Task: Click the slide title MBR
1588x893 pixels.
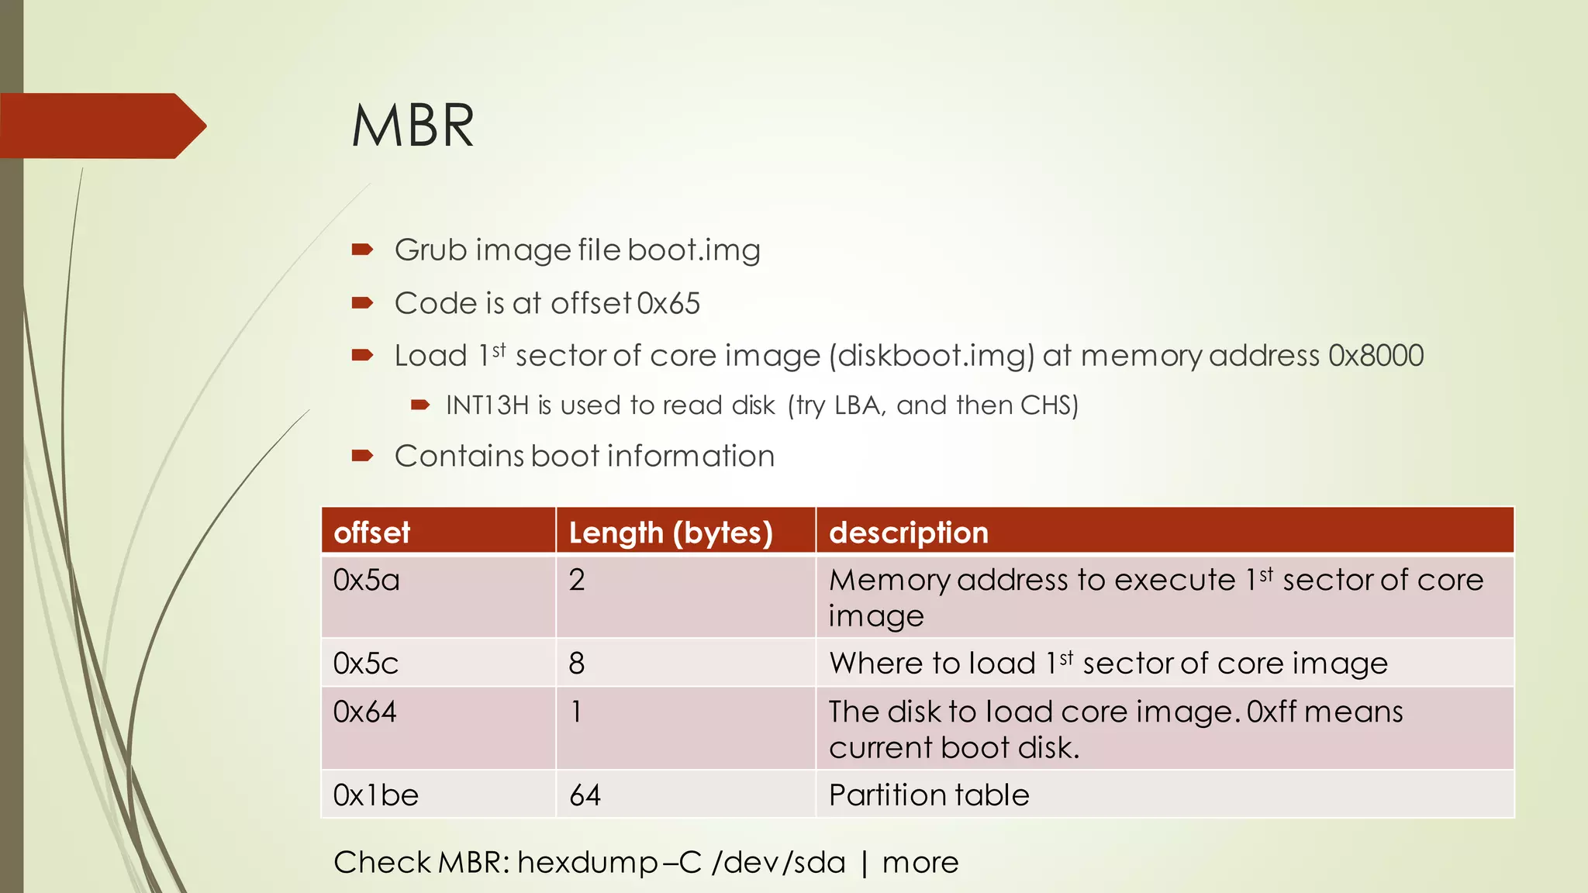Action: pyautogui.click(x=413, y=126)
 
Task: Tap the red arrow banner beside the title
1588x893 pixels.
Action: pyautogui.click(x=101, y=126)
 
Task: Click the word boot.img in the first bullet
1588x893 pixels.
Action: pyautogui.click(x=694, y=250)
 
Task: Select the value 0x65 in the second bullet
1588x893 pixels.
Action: pyautogui.click(x=668, y=303)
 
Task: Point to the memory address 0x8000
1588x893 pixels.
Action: pyautogui.click(x=1376, y=356)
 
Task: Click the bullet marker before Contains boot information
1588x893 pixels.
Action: pyautogui.click(x=362, y=456)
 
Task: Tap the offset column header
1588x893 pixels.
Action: pyautogui.click(x=371, y=533)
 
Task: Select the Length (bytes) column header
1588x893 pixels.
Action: pyautogui.click(x=671, y=533)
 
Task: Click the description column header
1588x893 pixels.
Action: pyautogui.click(x=909, y=533)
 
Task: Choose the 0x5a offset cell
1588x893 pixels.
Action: pyautogui.click(x=366, y=581)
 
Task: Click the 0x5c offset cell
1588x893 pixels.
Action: pyautogui.click(x=365, y=664)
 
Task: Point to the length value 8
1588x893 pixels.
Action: pyautogui.click(x=577, y=664)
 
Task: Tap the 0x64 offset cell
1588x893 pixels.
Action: pyautogui.click(x=364, y=712)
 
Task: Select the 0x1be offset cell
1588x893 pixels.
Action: pyautogui.click(x=376, y=795)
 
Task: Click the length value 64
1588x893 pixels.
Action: pyautogui.click(x=585, y=795)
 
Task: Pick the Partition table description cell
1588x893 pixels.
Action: pyautogui.click(x=929, y=795)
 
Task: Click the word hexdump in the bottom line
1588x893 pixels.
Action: pyautogui.click(x=587, y=863)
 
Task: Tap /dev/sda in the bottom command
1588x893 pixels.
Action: pyautogui.click(x=778, y=863)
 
